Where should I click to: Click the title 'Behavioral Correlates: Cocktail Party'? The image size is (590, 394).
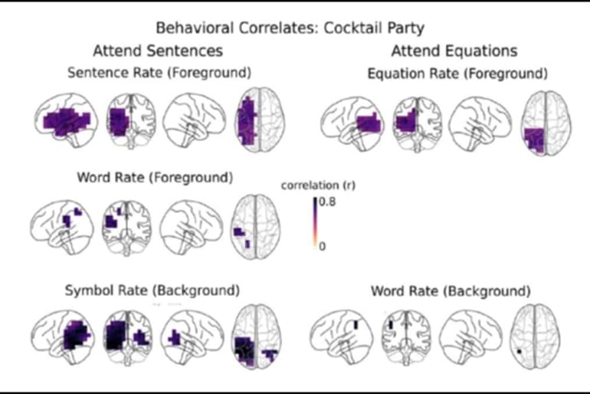coord(290,28)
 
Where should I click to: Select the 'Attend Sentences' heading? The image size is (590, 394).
coord(158,51)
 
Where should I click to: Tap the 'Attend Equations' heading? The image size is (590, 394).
coord(454,51)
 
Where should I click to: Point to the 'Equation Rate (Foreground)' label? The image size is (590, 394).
coord(457,74)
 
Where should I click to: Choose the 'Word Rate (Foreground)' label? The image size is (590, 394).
coord(154,178)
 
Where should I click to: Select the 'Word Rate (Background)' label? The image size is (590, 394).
coord(451,291)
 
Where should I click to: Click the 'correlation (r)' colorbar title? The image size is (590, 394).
coord(318,186)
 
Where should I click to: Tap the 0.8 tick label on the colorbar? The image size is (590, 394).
coord(327,201)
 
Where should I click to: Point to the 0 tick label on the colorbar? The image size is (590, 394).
coord(323,245)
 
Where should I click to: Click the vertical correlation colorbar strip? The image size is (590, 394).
coord(314,223)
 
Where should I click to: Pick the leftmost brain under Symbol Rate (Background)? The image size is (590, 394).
coord(67,337)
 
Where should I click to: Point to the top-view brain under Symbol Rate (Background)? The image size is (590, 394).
coord(255,338)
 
